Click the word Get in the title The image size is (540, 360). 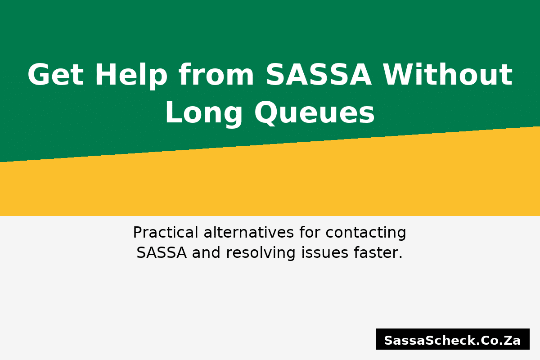[x=55, y=75]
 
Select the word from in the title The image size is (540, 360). [x=216, y=75]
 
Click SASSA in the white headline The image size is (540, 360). [x=319, y=75]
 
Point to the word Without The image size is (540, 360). [x=447, y=75]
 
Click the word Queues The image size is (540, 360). [x=315, y=113]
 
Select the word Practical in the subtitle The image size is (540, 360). [x=165, y=233]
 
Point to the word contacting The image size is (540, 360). [x=366, y=233]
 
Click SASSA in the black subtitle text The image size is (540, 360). [x=162, y=253]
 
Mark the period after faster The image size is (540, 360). [x=400, y=258]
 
